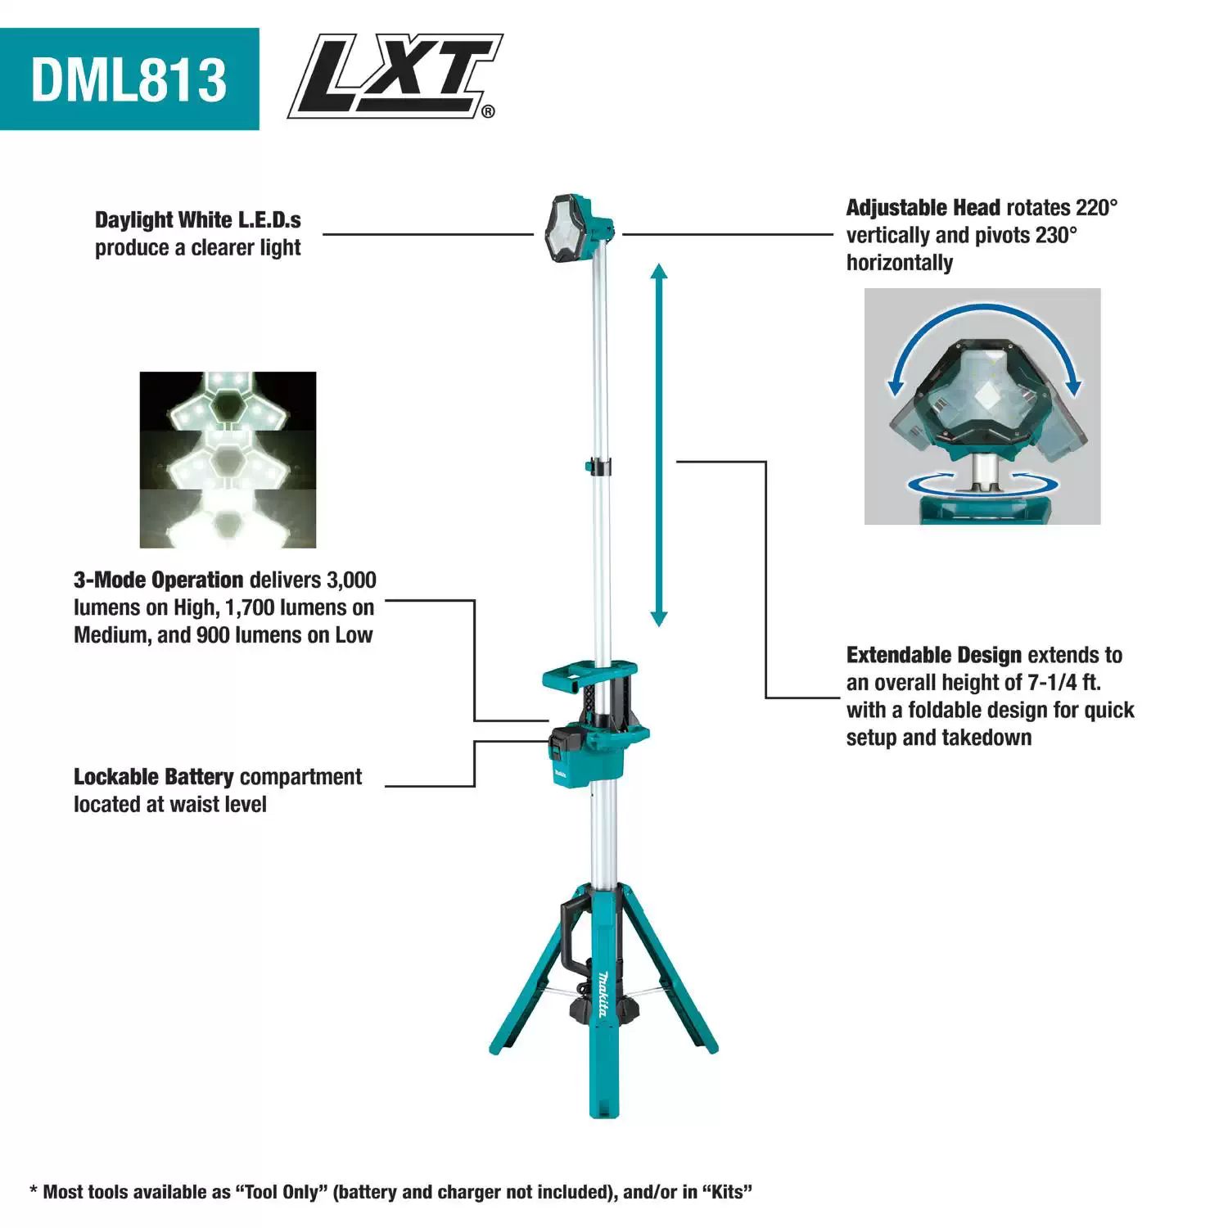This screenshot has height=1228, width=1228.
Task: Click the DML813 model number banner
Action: (x=129, y=79)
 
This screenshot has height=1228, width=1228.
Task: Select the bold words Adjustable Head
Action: (x=923, y=208)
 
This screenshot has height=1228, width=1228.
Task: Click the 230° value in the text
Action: (x=1056, y=236)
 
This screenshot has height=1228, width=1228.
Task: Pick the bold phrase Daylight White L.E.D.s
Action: (x=197, y=220)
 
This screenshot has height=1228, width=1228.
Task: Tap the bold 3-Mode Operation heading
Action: (x=159, y=580)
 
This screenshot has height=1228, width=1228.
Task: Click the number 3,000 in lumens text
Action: (x=351, y=580)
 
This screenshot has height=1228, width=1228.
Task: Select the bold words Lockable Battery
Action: (x=154, y=777)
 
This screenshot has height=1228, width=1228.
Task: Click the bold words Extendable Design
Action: (x=933, y=656)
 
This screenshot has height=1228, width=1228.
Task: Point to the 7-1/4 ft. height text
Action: (x=1064, y=683)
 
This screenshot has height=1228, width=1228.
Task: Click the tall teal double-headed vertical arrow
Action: (x=659, y=446)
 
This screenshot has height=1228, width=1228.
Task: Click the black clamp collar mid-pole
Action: (x=598, y=467)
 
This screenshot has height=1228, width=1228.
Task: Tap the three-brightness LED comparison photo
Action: (x=228, y=459)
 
